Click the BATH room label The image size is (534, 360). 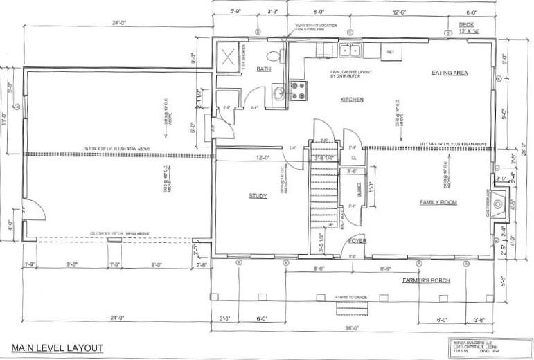(263, 69)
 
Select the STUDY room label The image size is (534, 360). (258, 196)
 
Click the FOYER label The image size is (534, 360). (357, 241)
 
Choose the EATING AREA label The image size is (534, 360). (451, 73)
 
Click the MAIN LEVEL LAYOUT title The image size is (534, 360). (57, 348)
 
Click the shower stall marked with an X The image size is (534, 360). (227, 55)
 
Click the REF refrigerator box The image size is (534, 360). (390, 51)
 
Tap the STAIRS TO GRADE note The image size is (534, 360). (350, 296)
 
